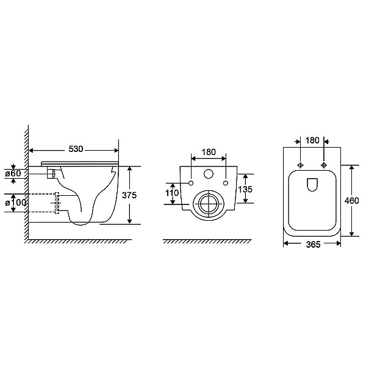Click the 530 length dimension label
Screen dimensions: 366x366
click(x=76, y=149)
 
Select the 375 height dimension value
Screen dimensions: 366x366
click(x=129, y=195)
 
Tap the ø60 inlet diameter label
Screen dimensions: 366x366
click(x=13, y=173)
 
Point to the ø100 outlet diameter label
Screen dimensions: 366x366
click(x=15, y=203)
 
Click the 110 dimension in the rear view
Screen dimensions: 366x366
click(x=172, y=193)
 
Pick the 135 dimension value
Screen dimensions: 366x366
click(x=245, y=189)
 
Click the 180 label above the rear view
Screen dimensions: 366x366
click(x=209, y=152)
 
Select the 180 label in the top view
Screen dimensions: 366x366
click(x=312, y=140)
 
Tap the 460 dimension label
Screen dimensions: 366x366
click(x=352, y=201)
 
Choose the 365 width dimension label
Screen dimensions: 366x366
click(x=314, y=245)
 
